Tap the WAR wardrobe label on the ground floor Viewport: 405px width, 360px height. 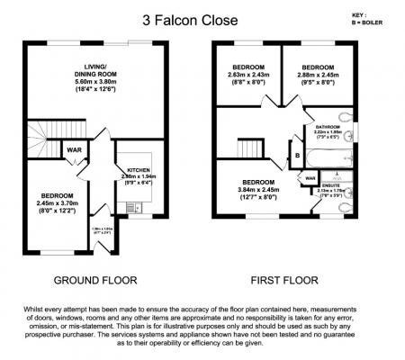tap(73, 149)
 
